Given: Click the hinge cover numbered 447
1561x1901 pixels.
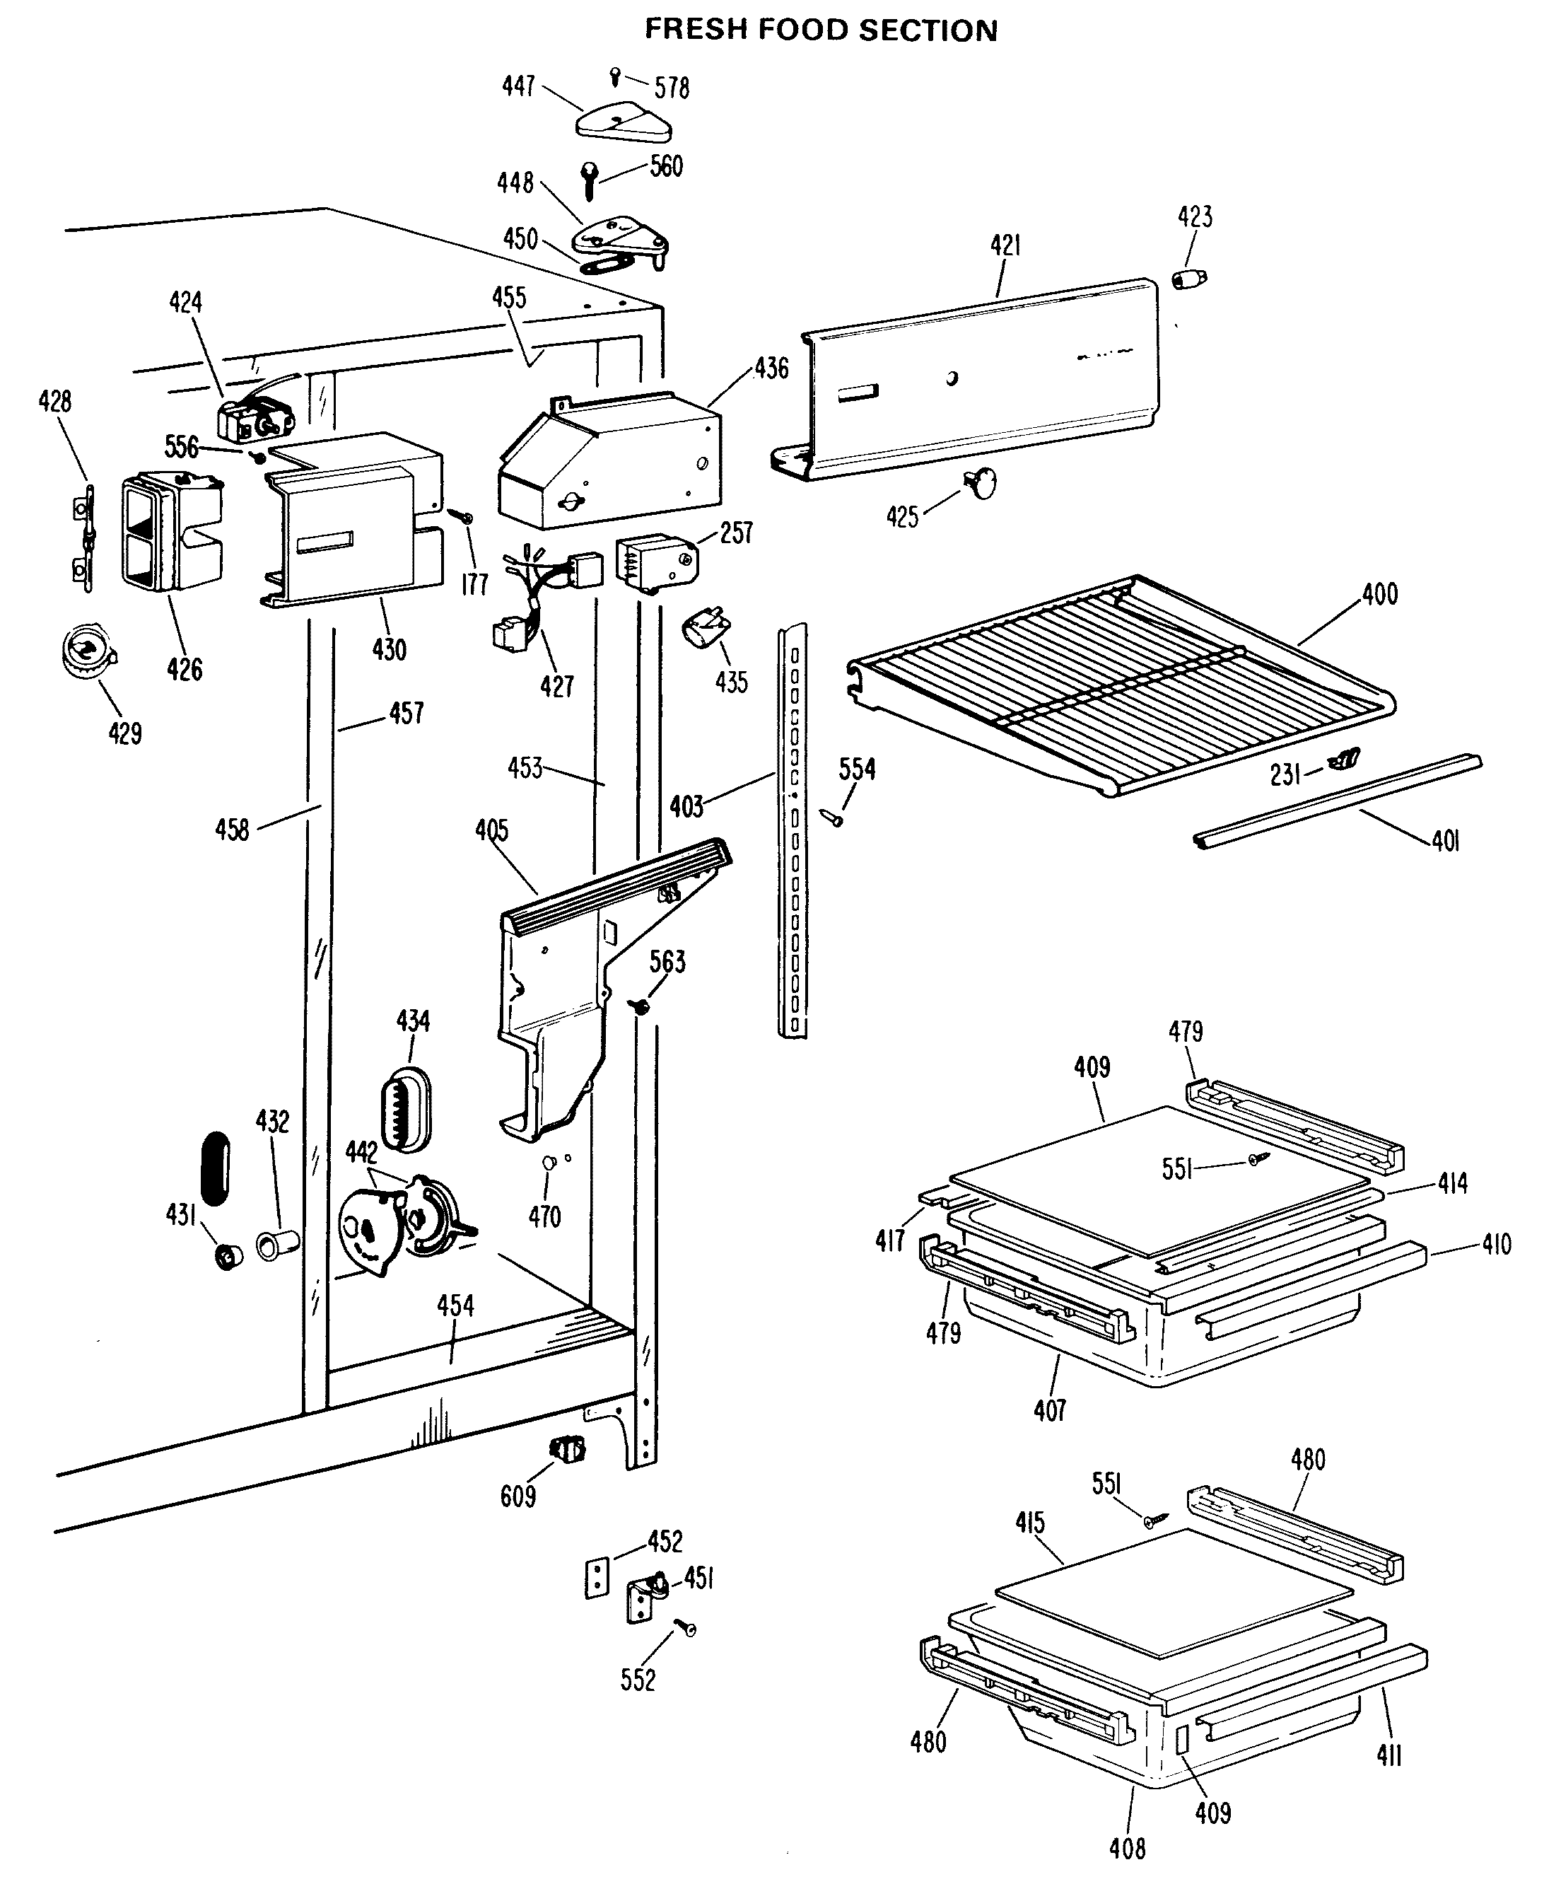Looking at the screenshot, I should [621, 122].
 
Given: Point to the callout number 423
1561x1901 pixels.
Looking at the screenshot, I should [1195, 216].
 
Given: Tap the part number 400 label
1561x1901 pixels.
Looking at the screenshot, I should [1379, 593].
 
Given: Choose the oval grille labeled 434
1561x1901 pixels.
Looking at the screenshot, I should [407, 1109].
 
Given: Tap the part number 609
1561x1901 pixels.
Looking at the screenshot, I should [518, 1496].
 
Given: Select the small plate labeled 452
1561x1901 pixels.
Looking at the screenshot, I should [596, 1579].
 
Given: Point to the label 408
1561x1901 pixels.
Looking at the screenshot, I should [1127, 1849].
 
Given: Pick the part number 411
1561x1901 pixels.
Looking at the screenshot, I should [1389, 1755].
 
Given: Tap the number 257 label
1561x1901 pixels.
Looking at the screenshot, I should [735, 533].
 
